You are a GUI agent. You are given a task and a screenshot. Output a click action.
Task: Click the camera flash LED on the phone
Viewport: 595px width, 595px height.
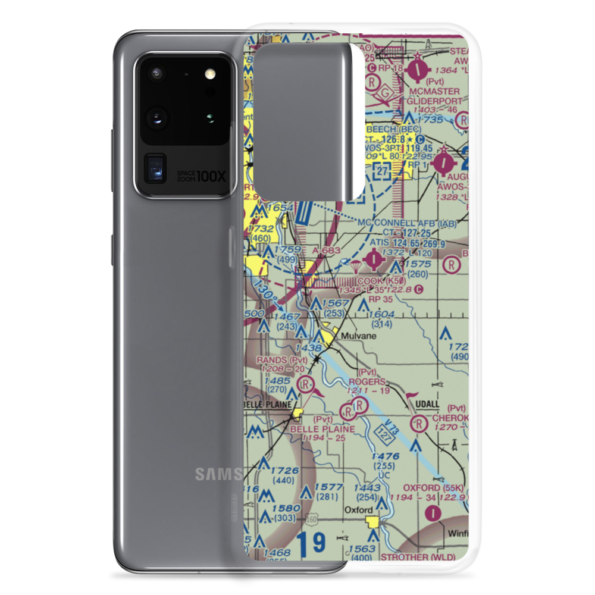209,74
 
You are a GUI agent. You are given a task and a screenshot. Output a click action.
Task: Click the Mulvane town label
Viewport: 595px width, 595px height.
358,336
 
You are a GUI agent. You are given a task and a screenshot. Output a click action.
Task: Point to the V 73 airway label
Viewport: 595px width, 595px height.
390,425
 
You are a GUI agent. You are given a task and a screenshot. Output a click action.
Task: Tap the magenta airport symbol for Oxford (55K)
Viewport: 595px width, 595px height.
436,511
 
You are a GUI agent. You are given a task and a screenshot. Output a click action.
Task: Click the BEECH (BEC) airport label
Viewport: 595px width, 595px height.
393,129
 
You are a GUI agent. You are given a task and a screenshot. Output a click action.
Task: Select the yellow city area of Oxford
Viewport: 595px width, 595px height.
374,522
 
